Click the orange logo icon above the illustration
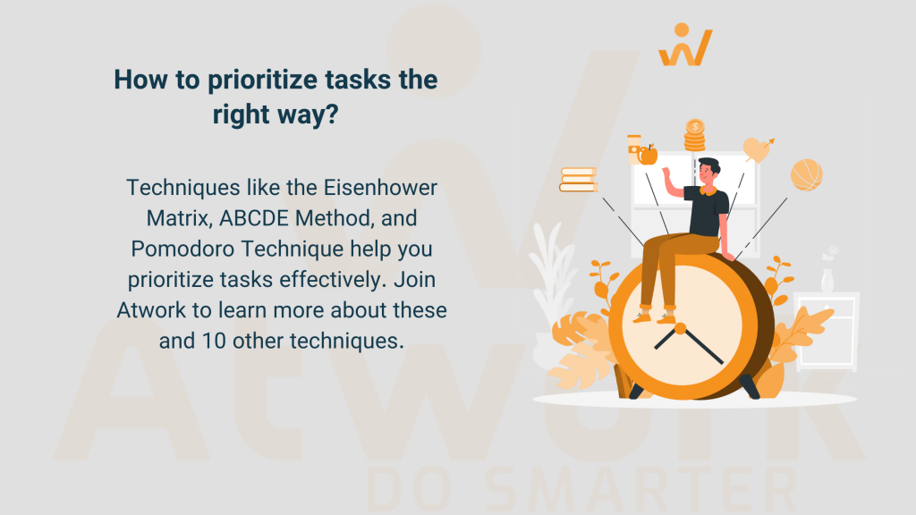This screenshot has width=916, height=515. tap(685, 46)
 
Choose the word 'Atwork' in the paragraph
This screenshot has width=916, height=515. tap(152, 310)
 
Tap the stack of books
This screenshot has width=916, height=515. tap(578, 180)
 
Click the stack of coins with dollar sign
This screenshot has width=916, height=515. tap(695, 135)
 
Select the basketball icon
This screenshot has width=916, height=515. tap(806, 174)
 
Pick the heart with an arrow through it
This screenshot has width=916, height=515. tap(758, 148)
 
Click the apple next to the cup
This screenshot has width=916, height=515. tap(648, 154)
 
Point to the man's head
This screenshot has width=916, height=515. tap(708, 172)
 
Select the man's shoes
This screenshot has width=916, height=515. tap(655, 316)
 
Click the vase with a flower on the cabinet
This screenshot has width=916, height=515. tap(828, 272)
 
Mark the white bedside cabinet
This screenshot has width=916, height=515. tap(826, 331)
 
